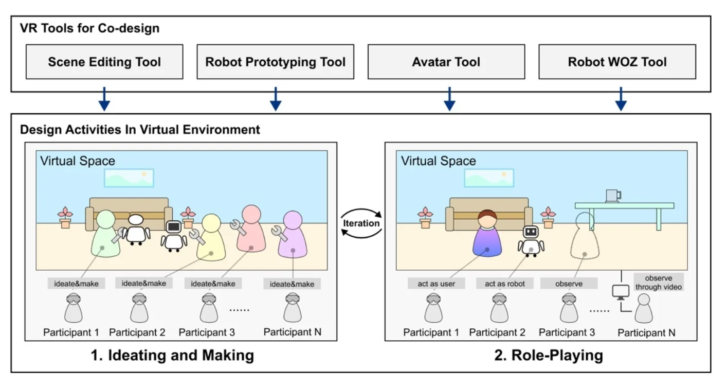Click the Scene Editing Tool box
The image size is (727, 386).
[104, 62]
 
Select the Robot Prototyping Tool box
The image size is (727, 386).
[275, 62]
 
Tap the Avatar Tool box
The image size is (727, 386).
[446, 62]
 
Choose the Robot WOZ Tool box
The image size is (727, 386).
[617, 62]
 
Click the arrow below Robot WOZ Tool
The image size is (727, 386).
[621, 99]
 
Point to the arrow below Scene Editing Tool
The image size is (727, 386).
[104, 99]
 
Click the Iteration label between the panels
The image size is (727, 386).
[362, 223]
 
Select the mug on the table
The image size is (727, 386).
[613, 196]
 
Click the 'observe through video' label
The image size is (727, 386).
[658, 283]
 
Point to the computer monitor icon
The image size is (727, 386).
[620, 292]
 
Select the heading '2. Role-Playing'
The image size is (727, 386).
[549, 355]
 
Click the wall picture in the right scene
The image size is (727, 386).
[489, 178]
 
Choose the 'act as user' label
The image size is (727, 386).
[437, 284]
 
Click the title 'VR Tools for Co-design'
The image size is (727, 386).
[89, 28]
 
